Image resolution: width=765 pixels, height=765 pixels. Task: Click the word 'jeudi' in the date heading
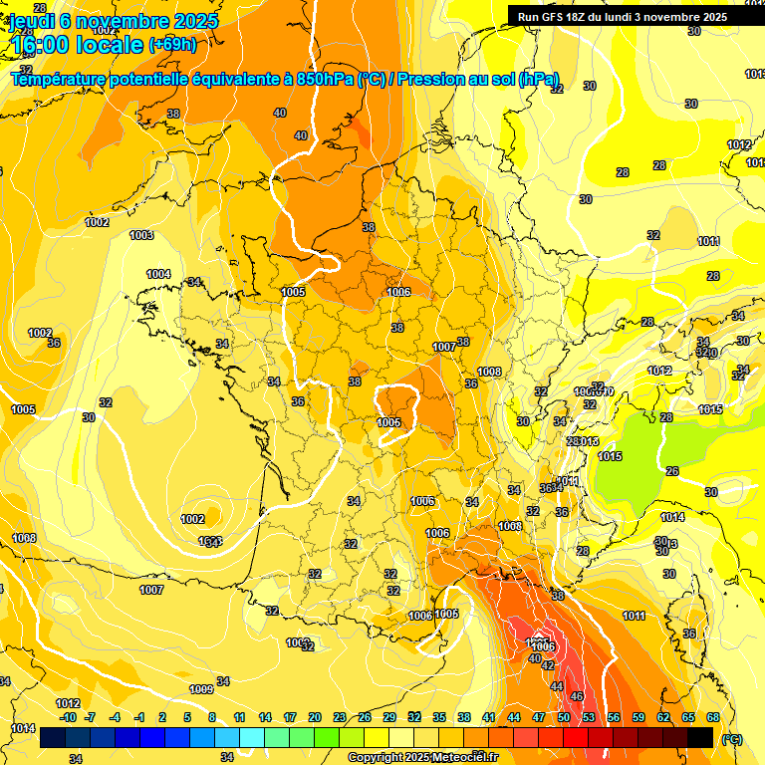click(x=33, y=21)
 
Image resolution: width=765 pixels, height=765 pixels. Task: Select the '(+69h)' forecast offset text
click(x=171, y=45)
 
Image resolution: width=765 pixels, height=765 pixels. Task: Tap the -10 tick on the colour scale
click(x=68, y=717)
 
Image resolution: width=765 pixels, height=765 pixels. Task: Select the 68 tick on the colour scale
click(x=713, y=717)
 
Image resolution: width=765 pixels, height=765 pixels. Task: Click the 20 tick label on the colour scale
click(x=315, y=717)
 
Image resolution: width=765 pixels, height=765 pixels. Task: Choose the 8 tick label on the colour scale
click(x=212, y=717)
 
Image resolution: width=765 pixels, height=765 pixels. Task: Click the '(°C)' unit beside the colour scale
click(x=732, y=738)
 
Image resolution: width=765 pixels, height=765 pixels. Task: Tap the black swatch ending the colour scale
click(x=700, y=738)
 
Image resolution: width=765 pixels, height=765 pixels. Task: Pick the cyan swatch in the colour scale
click(x=251, y=738)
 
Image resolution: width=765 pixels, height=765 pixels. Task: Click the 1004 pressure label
click(x=158, y=274)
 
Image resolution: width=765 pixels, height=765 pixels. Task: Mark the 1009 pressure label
click(x=201, y=689)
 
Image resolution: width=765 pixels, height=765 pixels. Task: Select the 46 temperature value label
click(x=576, y=696)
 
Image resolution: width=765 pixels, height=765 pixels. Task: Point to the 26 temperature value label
click(x=671, y=471)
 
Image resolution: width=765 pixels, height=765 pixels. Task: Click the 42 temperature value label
click(x=548, y=665)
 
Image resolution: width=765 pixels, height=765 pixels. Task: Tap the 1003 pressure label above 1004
click(x=141, y=235)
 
